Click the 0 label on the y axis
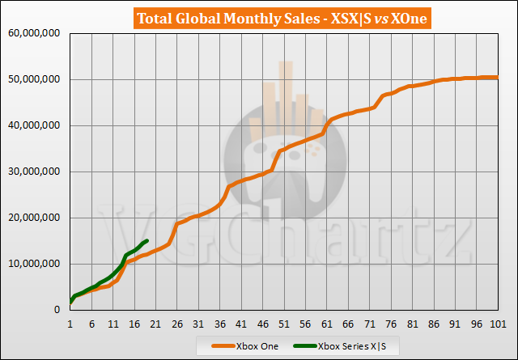click(61, 310)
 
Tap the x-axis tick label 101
click(498, 324)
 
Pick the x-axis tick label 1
click(70, 324)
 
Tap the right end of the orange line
click(497, 78)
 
